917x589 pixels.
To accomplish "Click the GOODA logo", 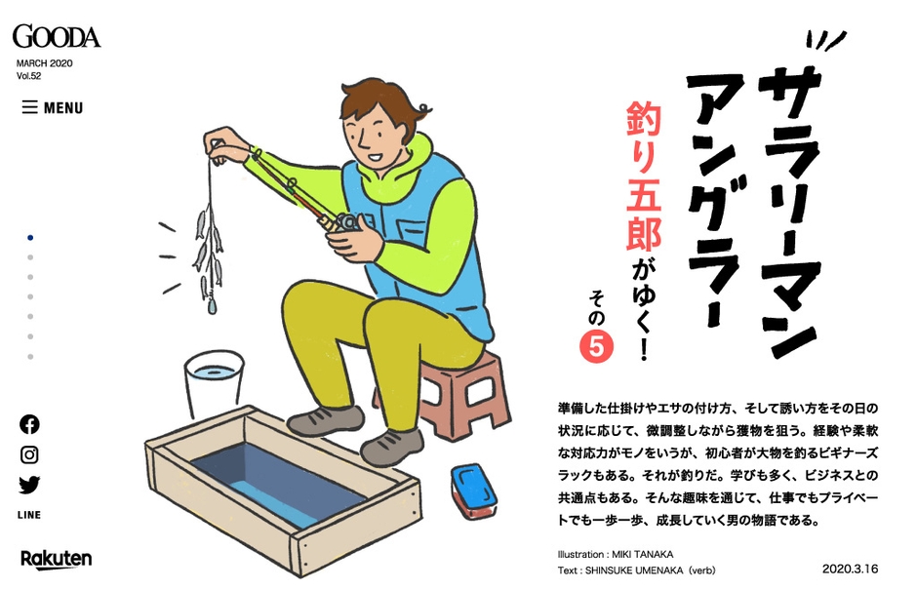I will (56, 36).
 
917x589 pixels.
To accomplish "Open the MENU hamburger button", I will (53, 108).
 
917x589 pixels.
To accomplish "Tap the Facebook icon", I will (29, 424).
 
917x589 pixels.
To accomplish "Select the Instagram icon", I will (29, 454).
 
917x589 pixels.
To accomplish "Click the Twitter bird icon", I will (29, 485).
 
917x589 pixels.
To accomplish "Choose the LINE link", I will (29, 515).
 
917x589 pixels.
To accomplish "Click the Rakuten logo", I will (56, 559).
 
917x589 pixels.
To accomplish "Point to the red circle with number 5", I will (596, 347).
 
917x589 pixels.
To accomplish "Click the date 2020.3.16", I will (850, 568).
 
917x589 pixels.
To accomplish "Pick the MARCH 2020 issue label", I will (44, 63).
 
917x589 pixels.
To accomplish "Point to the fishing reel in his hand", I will (343, 222).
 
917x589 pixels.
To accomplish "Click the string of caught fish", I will (208, 249).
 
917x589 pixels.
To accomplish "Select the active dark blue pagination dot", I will (30, 237).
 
